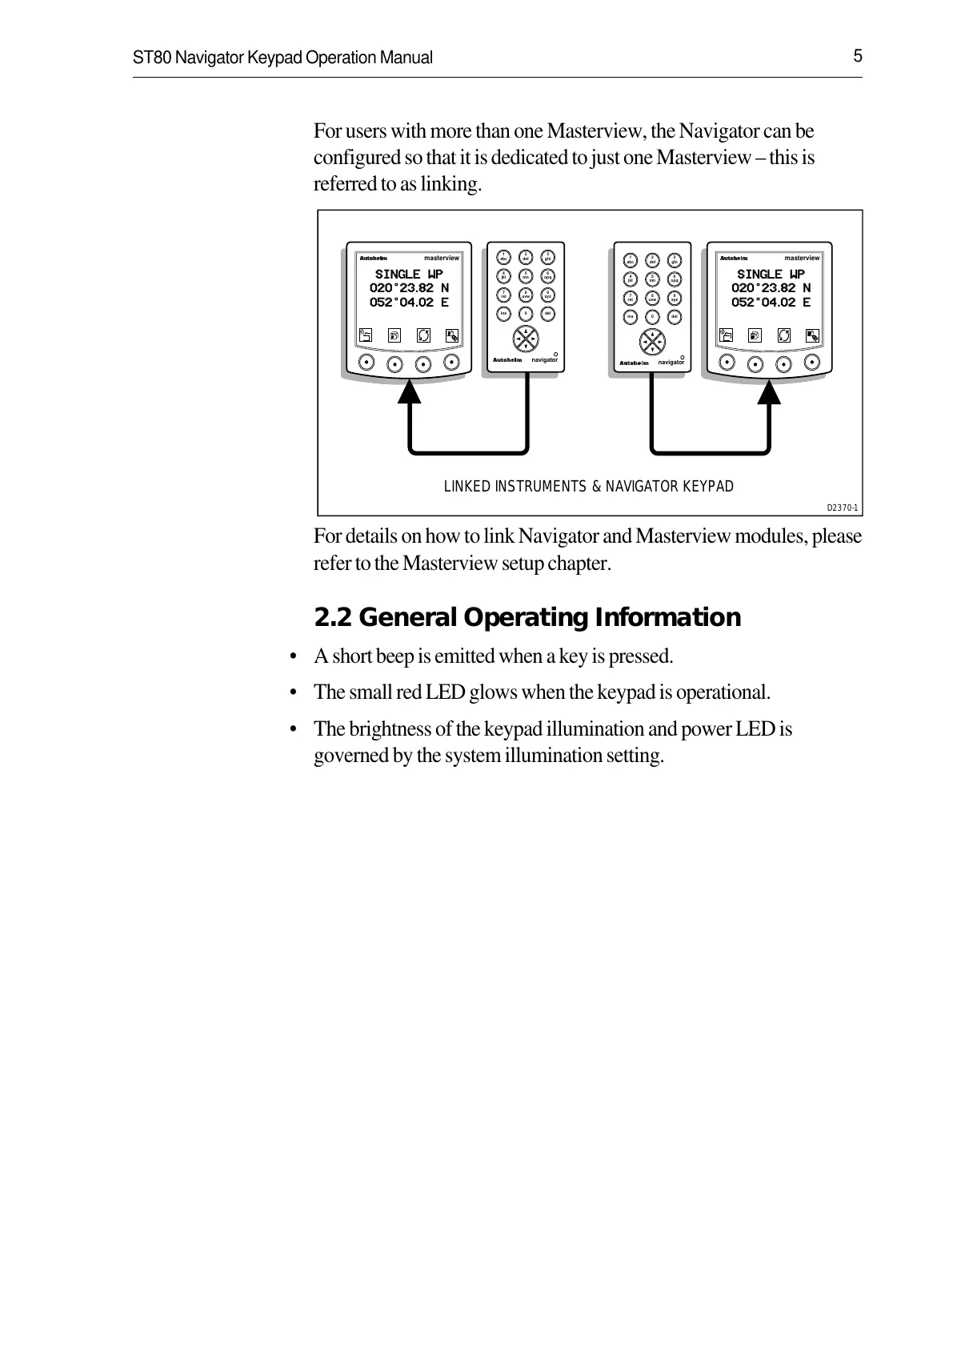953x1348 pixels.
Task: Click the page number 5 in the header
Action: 857,56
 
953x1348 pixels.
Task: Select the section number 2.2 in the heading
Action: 333,617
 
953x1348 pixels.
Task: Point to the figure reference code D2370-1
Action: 842,508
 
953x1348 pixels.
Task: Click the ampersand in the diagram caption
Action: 595,487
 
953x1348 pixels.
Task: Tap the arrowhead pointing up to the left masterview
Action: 410,392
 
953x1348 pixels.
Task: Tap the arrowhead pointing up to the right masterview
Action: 771,392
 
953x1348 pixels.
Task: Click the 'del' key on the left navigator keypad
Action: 548,314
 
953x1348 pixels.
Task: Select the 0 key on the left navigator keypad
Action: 526,314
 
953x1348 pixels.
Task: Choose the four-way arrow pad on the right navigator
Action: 652,341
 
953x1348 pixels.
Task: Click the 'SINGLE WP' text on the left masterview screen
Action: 409,274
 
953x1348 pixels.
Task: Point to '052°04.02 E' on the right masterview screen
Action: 771,303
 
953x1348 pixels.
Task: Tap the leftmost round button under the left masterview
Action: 366,361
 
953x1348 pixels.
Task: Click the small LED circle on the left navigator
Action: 555,353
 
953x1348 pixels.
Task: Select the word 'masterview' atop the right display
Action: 802,258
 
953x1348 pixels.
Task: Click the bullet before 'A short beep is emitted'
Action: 294,657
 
